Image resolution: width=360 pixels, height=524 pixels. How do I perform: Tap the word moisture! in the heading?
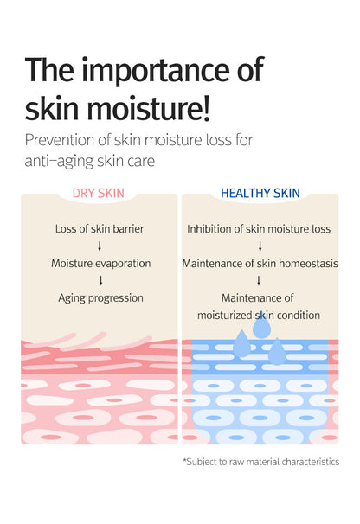[159, 109]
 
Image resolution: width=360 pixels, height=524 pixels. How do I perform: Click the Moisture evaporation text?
[101, 263]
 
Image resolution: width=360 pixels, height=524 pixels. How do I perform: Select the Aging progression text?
[101, 297]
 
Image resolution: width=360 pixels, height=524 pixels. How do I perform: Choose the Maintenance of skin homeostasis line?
[259, 263]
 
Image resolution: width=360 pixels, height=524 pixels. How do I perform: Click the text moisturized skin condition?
[259, 315]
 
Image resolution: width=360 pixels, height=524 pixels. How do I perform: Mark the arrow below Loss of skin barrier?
[101, 246]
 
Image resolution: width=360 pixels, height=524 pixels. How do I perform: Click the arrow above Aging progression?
[101, 280]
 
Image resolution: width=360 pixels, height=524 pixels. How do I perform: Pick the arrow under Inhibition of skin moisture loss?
[259, 246]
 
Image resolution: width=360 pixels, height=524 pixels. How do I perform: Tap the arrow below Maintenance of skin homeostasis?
[259, 280]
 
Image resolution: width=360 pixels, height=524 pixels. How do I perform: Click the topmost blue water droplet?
[261, 326]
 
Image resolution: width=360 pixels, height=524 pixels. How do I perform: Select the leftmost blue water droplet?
[242, 345]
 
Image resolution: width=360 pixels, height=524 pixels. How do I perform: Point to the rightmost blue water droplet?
[277, 351]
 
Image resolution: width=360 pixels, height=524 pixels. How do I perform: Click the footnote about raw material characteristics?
[260, 462]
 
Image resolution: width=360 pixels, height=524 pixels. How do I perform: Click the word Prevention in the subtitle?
[60, 141]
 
